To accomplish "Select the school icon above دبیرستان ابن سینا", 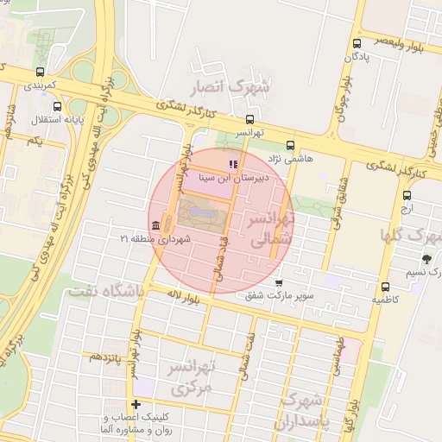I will [231, 163].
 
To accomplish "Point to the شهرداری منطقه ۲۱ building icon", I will [155, 226].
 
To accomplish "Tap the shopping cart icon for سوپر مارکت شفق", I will [278, 282].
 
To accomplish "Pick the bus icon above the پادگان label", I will [357, 43].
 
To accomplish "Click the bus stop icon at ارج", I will [407, 194].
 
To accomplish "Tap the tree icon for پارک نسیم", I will [426, 258].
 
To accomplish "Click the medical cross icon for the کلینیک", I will [136, 405].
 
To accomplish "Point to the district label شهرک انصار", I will [241, 87].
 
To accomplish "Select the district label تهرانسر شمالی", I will [272, 231].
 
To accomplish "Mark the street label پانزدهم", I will [110, 356].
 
